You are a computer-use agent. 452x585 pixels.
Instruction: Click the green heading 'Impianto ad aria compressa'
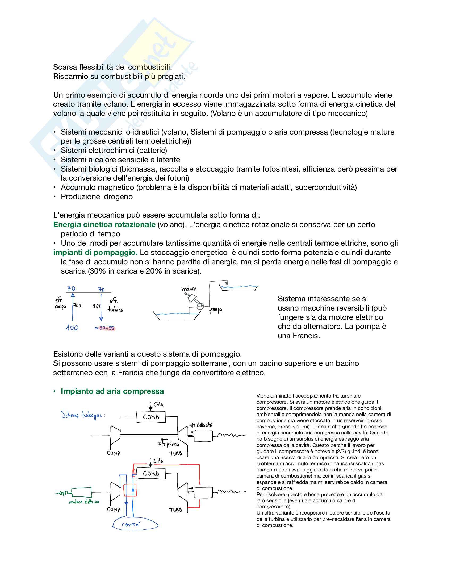(x=112, y=391)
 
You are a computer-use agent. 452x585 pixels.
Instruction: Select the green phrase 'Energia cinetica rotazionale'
(x=104, y=224)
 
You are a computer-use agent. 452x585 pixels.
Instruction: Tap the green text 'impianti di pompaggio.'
(x=95, y=252)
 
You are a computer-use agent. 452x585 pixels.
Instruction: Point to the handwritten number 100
(x=72, y=328)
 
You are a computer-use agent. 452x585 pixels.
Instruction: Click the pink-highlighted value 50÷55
(x=107, y=328)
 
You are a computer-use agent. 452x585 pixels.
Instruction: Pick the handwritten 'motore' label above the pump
(x=189, y=289)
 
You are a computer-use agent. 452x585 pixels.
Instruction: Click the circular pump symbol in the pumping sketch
(x=200, y=306)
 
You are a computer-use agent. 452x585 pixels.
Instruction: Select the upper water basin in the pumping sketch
(x=238, y=288)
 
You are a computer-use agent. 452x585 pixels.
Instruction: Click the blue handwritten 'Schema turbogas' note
(x=83, y=415)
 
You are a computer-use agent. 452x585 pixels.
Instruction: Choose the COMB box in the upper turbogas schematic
(x=151, y=417)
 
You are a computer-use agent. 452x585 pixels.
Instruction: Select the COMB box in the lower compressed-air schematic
(x=151, y=473)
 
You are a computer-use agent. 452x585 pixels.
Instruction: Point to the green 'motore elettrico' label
(x=84, y=502)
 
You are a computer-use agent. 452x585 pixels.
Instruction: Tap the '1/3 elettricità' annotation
(x=201, y=425)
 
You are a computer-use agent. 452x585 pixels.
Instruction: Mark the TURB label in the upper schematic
(x=176, y=453)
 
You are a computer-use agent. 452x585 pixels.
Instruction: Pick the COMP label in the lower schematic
(x=113, y=509)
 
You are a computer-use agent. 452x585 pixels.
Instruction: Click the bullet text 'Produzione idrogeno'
(x=97, y=197)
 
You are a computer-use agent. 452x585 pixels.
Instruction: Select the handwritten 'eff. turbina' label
(x=115, y=305)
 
